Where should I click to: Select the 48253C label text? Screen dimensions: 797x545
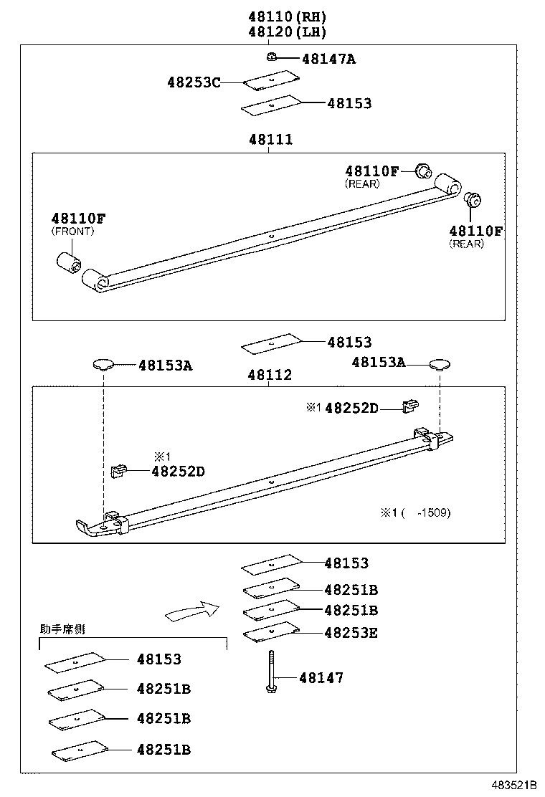pyautogui.click(x=194, y=82)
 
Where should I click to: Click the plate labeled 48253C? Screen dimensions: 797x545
pyautogui.click(x=271, y=80)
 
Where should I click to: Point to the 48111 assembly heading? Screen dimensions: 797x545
pyautogui.click(x=271, y=140)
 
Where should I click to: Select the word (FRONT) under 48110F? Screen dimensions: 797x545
pyautogui.click(x=72, y=232)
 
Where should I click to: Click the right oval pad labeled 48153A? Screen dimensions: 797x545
pyautogui.click(x=439, y=364)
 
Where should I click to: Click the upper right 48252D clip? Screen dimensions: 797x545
pyautogui.click(x=409, y=406)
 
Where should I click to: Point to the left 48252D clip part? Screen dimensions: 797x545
pyautogui.click(x=118, y=470)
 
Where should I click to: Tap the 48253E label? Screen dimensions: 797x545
pyautogui.click(x=351, y=633)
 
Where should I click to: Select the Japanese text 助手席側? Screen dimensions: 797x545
pyautogui.click(x=62, y=629)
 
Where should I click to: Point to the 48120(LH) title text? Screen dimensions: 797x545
pyautogui.click(x=288, y=32)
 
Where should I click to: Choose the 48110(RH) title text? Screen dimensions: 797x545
pyautogui.click(x=288, y=16)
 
